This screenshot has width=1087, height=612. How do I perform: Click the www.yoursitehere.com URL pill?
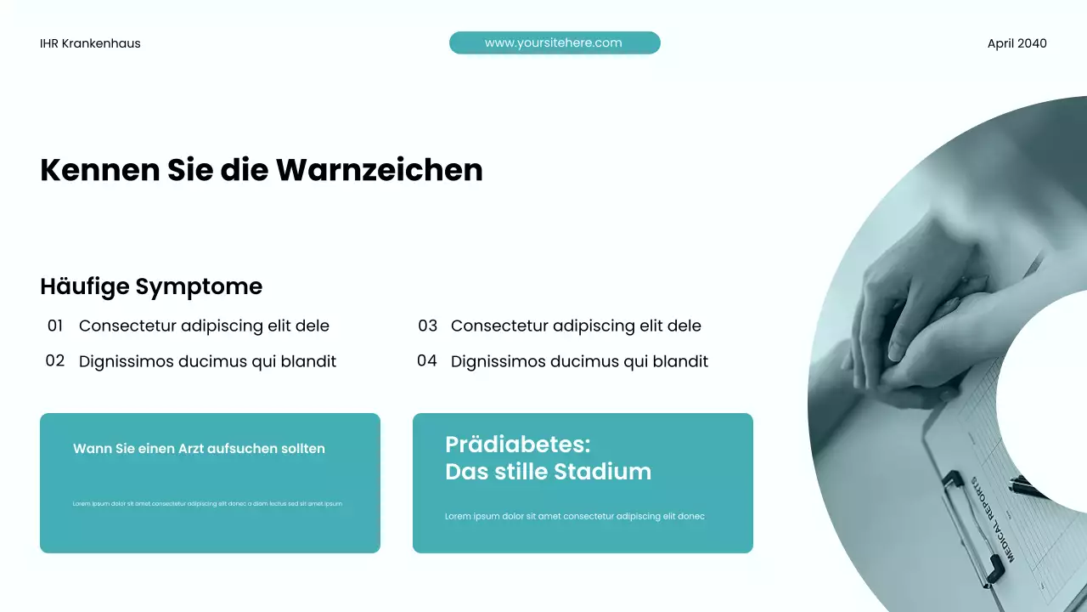[554, 42]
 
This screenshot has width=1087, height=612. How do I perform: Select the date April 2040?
[1017, 43]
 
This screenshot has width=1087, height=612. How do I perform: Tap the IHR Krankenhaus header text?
[90, 43]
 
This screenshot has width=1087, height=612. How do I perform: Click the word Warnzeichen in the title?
[379, 170]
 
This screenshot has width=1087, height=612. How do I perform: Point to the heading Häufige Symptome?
[151, 286]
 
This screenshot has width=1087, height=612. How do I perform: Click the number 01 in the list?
[55, 326]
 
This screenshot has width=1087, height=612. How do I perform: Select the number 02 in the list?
[55, 360]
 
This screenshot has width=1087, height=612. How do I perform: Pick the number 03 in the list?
[427, 326]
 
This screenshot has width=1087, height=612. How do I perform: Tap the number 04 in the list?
[427, 360]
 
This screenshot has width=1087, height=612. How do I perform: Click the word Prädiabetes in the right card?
[517, 444]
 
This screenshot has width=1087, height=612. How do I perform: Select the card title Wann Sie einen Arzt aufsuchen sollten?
[199, 448]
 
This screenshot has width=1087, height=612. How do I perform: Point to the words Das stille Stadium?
[548, 471]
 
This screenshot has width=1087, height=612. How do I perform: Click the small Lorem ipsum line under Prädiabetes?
[575, 516]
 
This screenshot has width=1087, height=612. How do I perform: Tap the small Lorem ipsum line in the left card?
[207, 503]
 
